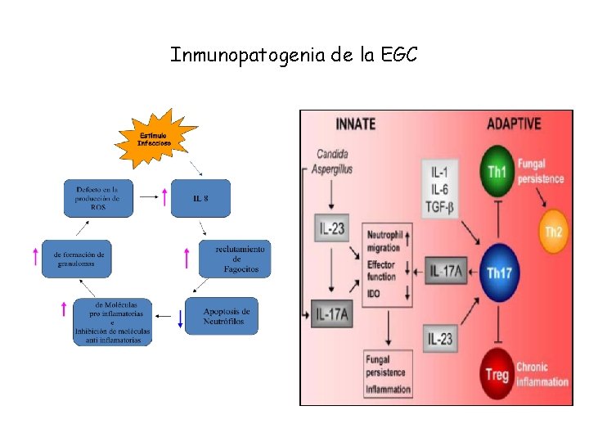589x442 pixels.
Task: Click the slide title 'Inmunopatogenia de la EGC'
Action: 294,55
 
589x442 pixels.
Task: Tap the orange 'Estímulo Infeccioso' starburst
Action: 155,138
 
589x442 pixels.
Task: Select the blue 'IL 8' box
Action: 200,198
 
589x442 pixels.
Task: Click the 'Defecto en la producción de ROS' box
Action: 97,198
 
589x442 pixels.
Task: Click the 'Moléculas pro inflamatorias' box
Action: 114,322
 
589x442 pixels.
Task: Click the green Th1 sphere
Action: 497,171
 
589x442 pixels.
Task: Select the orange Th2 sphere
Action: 555,232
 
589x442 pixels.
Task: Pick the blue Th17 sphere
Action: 499,272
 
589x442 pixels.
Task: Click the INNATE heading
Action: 356,124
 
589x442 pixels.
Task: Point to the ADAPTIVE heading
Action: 514,124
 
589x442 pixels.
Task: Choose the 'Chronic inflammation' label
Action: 542,374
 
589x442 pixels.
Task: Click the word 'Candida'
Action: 333,154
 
